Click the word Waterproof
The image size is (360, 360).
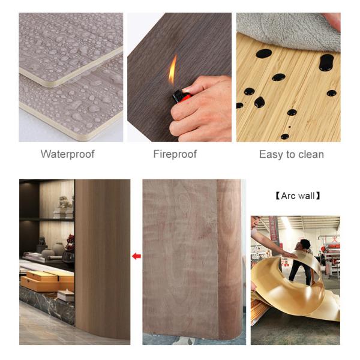[x=67, y=154]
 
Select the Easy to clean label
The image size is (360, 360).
[x=291, y=154]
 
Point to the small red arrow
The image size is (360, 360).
[x=136, y=256]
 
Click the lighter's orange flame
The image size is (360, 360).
[x=173, y=70]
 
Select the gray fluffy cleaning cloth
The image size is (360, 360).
[x=282, y=27]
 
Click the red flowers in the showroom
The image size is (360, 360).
[x=70, y=242]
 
